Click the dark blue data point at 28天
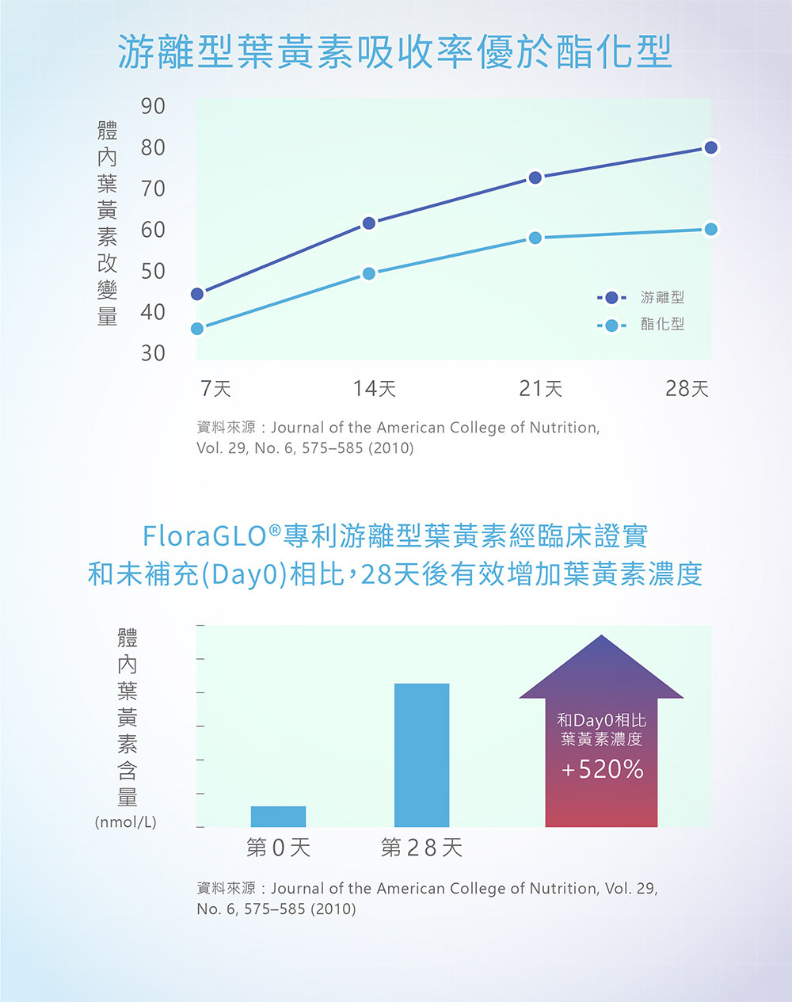pyautogui.click(x=710, y=147)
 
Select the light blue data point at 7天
pyautogui.click(x=197, y=328)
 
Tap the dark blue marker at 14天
pyautogui.click(x=369, y=223)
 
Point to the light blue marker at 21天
pyautogui.click(x=535, y=238)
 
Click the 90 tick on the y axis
pyautogui.click(x=153, y=106)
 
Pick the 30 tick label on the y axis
pyautogui.click(x=153, y=352)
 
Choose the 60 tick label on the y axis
pyautogui.click(x=153, y=230)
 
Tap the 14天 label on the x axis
pyautogui.click(x=374, y=388)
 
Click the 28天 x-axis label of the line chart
pyautogui.click(x=687, y=388)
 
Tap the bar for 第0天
pyautogui.click(x=278, y=817)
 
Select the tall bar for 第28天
pyautogui.click(x=421, y=755)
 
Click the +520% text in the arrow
pyautogui.click(x=602, y=769)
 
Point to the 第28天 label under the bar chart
pyautogui.click(x=421, y=848)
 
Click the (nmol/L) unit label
pyautogui.click(x=126, y=822)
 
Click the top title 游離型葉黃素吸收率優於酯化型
pyautogui.click(x=395, y=52)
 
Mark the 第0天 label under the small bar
pyautogui.click(x=278, y=848)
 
